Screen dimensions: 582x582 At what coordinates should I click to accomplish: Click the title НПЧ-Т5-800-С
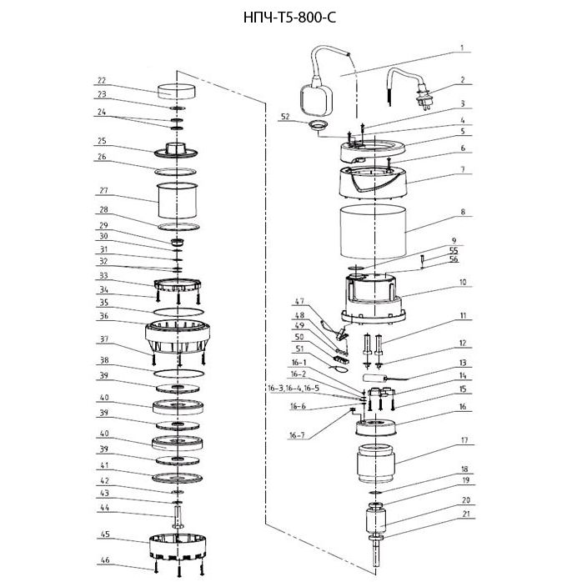point(289,18)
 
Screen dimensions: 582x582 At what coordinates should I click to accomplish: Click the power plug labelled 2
point(424,98)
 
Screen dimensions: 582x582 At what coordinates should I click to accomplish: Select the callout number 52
point(285,117)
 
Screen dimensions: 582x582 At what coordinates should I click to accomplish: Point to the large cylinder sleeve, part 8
point(373,232)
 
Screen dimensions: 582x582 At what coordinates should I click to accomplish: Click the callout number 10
point(463,282)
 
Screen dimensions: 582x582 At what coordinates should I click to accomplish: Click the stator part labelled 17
point(375,464)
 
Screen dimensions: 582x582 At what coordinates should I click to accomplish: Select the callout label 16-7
point(298,434)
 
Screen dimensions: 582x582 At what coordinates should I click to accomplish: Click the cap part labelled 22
point(177,92)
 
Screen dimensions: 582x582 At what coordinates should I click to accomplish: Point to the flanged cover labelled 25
point(176,149)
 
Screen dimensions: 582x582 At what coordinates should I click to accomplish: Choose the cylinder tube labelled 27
point(177,200)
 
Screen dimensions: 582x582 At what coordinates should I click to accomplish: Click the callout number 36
point(104,316)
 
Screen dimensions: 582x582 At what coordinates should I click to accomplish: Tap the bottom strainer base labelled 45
point(178,547)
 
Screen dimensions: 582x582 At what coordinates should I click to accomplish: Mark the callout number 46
point(105,560)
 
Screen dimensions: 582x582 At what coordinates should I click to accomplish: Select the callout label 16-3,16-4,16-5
point(294,389)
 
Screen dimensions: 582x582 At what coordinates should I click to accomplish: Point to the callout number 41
point(104,465)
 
